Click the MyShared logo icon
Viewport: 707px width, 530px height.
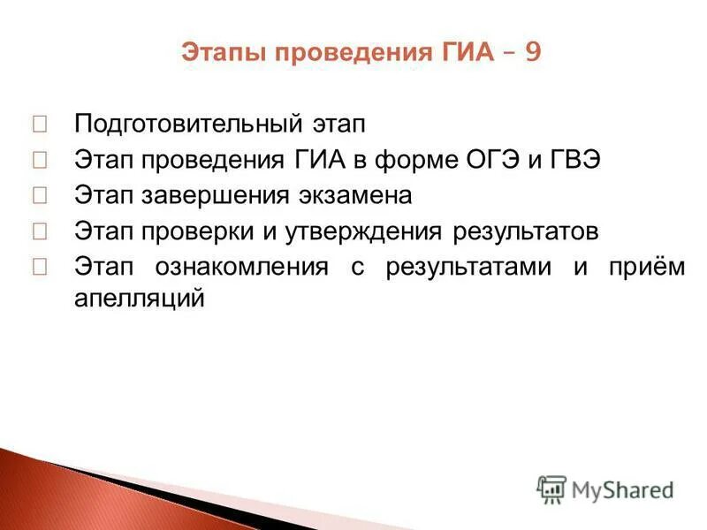point(551,488)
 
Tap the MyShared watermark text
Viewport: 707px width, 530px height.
point(622,489)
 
